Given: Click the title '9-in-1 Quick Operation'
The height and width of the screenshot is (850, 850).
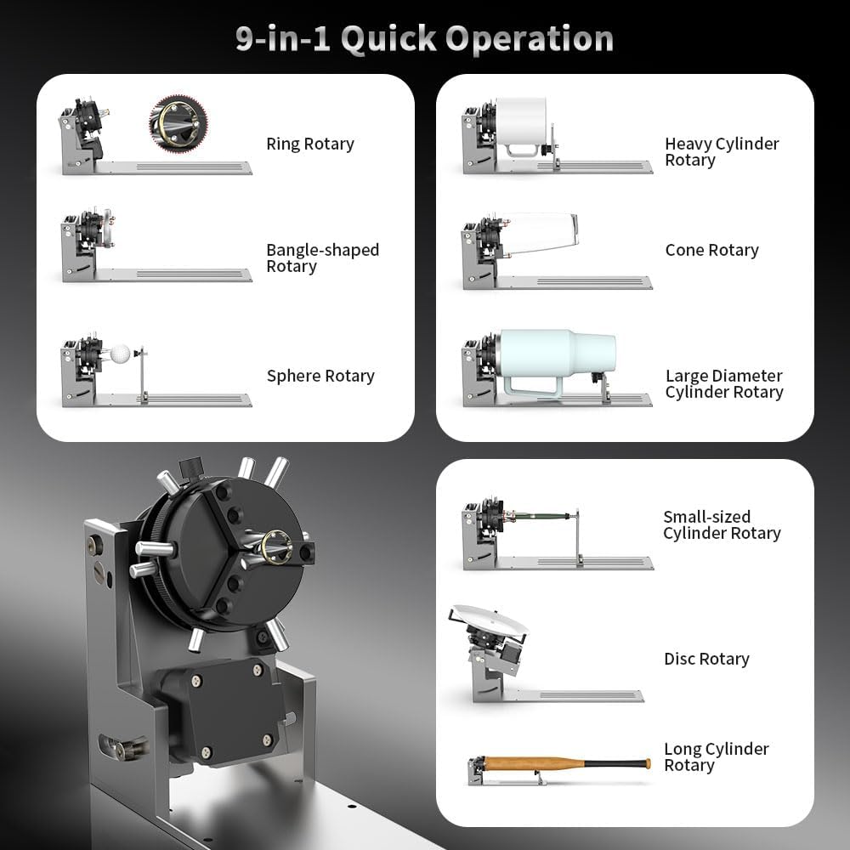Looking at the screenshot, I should coord(424,39).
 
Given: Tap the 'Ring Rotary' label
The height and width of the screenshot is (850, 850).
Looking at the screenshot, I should coord(309,144).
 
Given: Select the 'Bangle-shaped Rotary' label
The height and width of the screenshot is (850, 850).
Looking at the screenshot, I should coord(321,258).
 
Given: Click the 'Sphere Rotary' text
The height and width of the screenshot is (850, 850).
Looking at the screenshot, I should coord(320,376).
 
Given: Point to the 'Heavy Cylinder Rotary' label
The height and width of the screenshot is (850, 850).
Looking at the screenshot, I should coord(721,151).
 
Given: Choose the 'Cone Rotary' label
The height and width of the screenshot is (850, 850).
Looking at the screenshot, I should coord(711,250).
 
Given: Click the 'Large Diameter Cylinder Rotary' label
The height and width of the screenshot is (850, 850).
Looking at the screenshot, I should coord(723,383).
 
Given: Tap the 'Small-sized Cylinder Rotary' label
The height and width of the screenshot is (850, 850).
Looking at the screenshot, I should coord(721,524).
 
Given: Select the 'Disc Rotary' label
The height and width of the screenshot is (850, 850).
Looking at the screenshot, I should coord(705,659).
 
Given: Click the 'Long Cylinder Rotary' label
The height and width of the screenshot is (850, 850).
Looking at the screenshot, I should coord(716,756).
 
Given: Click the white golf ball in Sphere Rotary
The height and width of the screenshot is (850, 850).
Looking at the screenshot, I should coord(122,353).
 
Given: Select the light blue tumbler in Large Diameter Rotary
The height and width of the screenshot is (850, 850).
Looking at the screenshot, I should coord(557,350).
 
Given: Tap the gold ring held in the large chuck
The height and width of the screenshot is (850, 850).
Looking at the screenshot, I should coord(276,543).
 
